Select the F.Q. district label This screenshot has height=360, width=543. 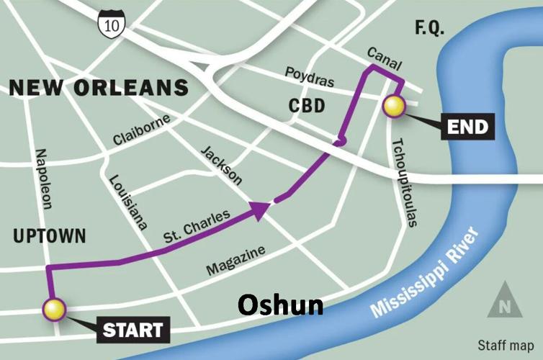pyautogui.click(x=430, y=28)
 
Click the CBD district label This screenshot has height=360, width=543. pyautogui.click(x=307, y=107)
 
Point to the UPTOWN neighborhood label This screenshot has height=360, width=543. pyautogui.click(x=48, y=235)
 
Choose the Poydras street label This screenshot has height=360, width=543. pyautogui.click(x=310, y=76)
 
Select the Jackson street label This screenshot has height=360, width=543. pyautogui.click(x=221, y=166)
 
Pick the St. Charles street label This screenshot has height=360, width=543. pyautogui.click(x=197, y=226)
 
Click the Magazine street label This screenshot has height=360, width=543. pyautogui.click(x=235, y=260)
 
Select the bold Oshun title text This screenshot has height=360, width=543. pyautogui.click(x=280, y=305)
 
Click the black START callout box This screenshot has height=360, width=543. pyautogui.click(x=132, y=330)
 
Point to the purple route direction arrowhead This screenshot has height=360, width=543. pyautogui.click(x=260, y=209)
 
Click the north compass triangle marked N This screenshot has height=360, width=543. pyautogui.click(x=504, y=302)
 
